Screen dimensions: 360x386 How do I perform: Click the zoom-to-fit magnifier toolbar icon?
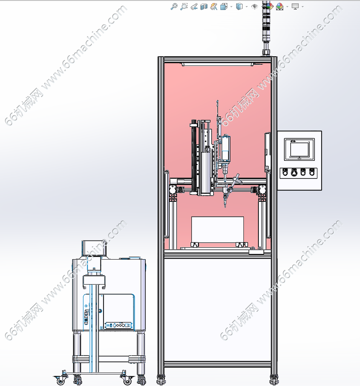[174, 7]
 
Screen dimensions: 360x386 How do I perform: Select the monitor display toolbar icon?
[295, 7]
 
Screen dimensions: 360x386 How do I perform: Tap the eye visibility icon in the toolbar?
[254, 7]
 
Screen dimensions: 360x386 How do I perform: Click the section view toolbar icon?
[204, 7]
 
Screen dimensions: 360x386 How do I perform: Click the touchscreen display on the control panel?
[299, 149]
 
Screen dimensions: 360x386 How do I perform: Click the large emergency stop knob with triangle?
[294, 173]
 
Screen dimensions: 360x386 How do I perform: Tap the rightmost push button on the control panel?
[312, 172]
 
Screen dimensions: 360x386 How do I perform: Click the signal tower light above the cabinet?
[266, 27]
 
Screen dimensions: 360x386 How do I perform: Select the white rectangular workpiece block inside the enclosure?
[218, 230]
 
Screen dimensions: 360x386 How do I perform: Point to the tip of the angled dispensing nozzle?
[225, 206]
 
